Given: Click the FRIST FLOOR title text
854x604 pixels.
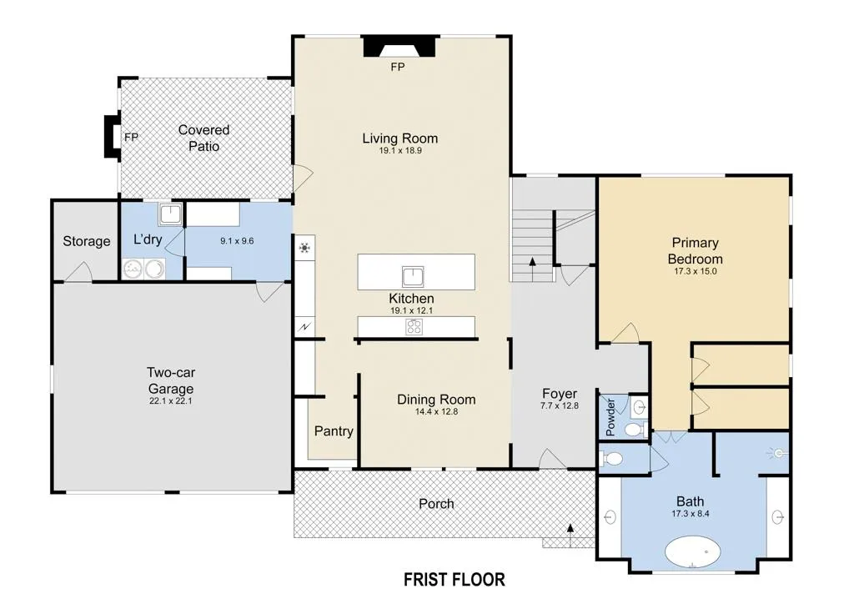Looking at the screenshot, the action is coord(455,580).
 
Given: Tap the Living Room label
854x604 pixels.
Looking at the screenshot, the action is coord(400,138).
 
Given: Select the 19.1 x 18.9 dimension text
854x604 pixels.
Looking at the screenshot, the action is coord(400,150).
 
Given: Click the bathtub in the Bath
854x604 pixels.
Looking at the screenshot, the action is coord(693,552).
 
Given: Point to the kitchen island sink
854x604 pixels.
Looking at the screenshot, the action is coord(413,277).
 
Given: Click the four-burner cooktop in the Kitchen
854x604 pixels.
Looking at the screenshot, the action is coord(414,327).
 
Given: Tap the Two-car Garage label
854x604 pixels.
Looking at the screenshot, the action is coord(171,380).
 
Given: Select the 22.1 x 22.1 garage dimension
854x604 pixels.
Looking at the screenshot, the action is coord(171,400).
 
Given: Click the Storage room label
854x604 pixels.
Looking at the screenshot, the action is coord(87,241).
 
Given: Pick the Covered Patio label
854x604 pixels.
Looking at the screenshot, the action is coord(203,138).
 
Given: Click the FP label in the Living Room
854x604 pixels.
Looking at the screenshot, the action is coord(398,67).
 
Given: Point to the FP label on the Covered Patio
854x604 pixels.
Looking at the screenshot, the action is coord(131,138).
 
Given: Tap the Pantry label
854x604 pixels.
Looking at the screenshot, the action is coord(334,430).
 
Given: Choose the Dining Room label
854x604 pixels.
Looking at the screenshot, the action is coord(436,400).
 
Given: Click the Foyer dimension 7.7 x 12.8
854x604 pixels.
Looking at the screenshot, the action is coord(560,405).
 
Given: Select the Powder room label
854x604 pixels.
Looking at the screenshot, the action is coord(610,417).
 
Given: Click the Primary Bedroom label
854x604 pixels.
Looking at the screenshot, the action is coord(695,250).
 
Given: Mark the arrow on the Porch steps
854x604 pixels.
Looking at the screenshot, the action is coord(570,531).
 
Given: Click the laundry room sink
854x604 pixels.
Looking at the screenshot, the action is coord(170,214).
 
